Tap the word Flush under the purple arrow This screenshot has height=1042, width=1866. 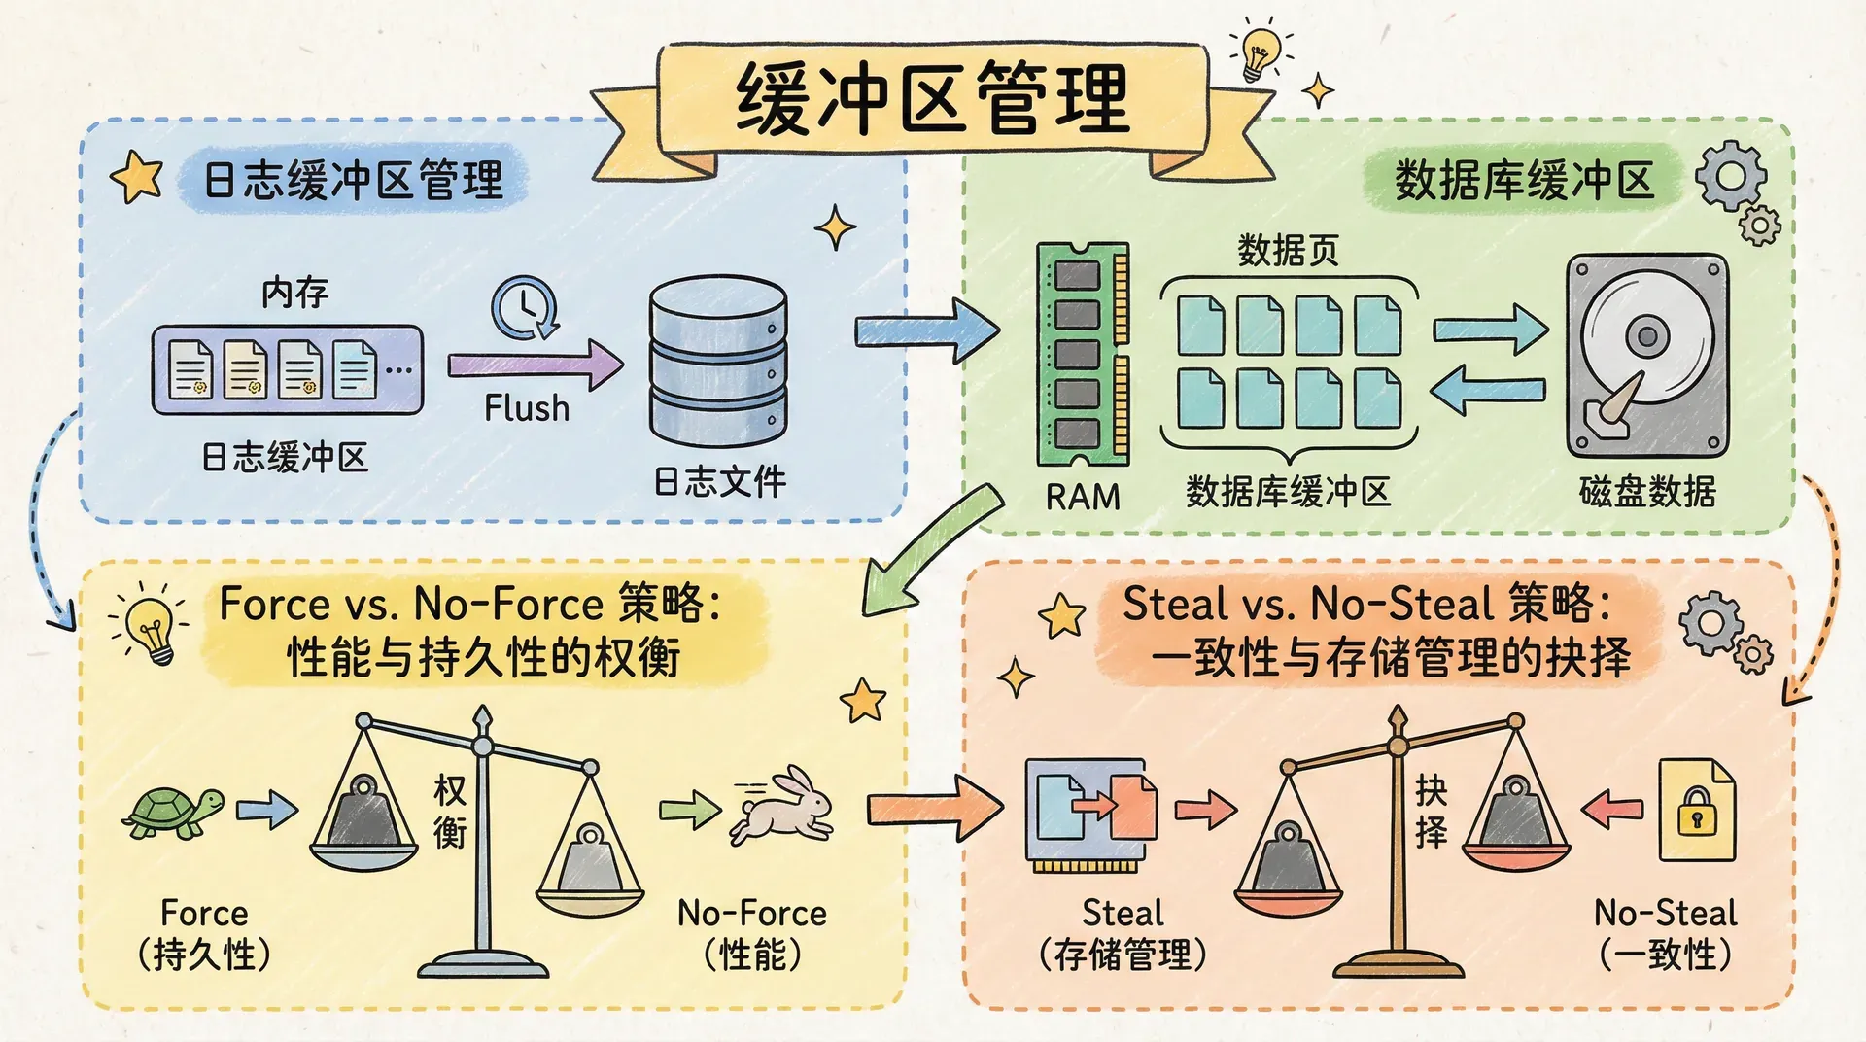(527, 408)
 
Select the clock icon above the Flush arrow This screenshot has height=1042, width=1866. (524, 308)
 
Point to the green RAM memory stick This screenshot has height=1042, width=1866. (1083, 355)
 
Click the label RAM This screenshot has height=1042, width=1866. (1083, 497)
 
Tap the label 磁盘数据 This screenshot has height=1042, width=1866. (1646, 492)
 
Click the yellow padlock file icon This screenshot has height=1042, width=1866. (1696, 811)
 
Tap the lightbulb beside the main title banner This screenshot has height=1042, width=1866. (1260, 52)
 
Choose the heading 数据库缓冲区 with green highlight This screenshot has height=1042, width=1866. (1523, 181)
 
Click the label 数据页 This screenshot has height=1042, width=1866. (1288, 251)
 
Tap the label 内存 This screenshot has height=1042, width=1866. (294, 292)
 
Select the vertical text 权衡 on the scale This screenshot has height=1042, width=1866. (449, 812)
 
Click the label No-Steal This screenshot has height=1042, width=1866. (1665, 914)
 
